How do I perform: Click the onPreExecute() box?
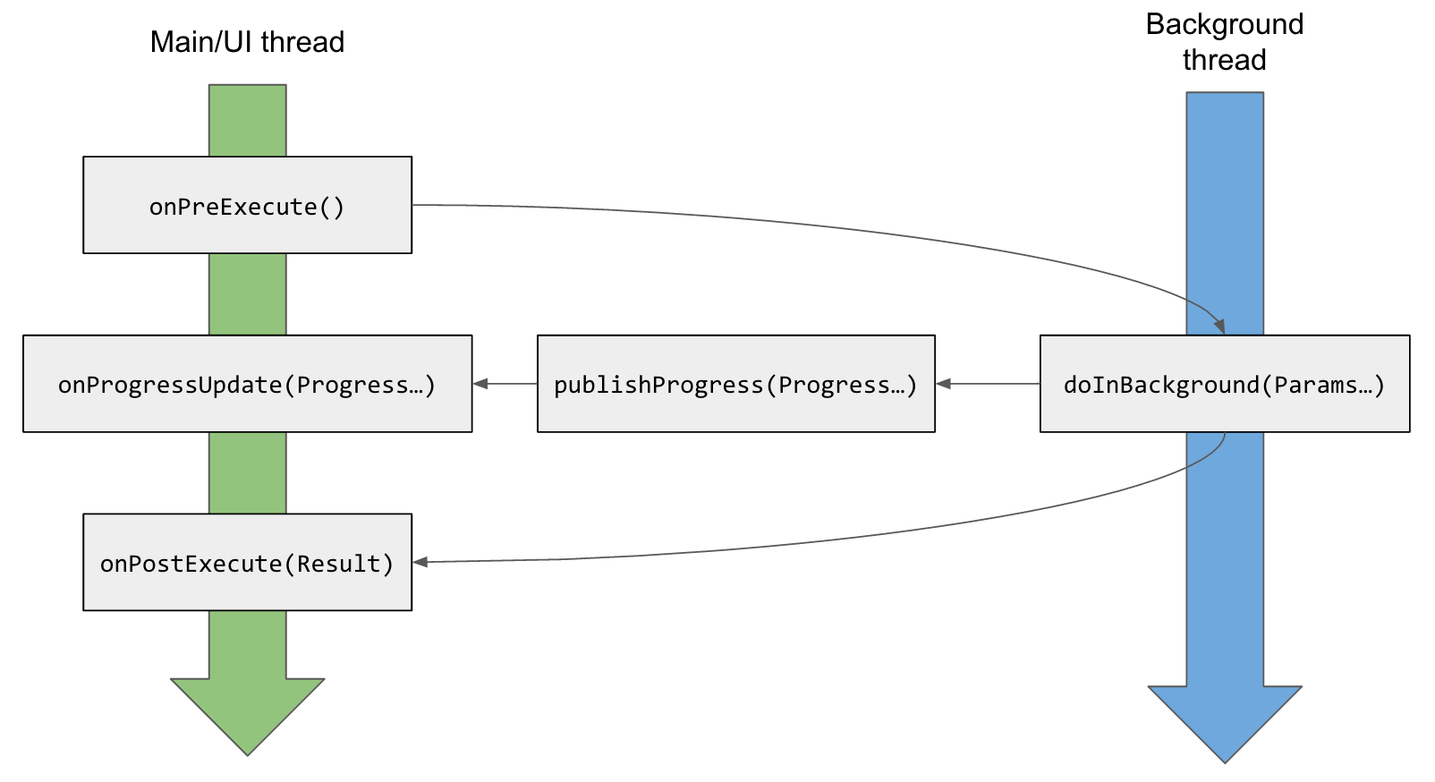coord(247,206)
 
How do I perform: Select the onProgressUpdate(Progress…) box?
coord(247,384)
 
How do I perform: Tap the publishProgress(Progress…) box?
coord(735,384)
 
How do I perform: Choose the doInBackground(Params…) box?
coord(1224,384)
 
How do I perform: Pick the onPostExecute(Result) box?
coord(247,563)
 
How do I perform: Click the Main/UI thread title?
coord(247,42)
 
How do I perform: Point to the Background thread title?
coord(1224,41)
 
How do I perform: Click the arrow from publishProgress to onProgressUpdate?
coord(505,384)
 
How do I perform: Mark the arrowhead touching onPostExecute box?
coord(420,562)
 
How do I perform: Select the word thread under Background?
coord(1224,60)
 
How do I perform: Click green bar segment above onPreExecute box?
coord(248,121)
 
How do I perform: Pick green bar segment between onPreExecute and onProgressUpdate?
coord(248,294)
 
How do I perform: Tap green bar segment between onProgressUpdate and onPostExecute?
coord(248,472)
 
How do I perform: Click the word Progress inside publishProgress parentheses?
coord(834,385)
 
